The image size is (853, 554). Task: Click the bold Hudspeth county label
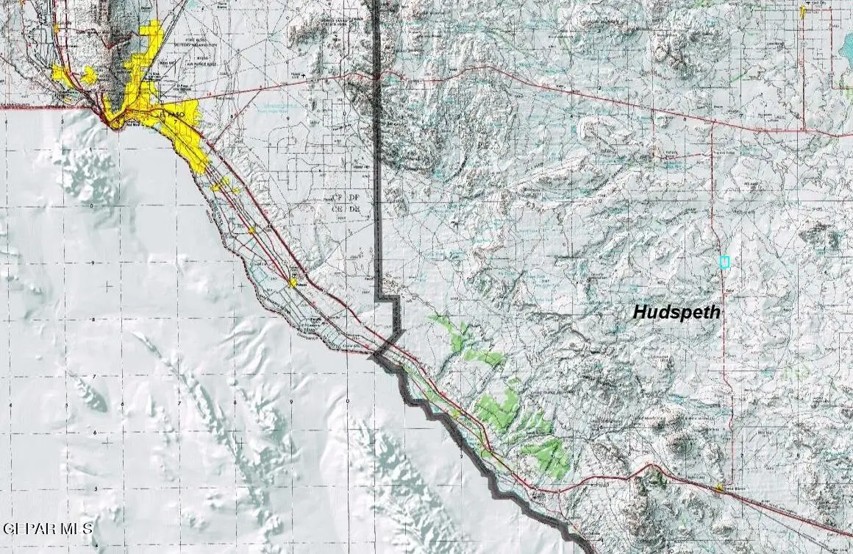click(677, 312)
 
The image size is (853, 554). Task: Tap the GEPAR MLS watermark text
click(49, 528)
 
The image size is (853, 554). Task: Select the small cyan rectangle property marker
click(724, 261)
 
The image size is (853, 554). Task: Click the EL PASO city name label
click(171, 116)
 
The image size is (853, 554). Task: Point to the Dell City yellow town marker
click(802, 12)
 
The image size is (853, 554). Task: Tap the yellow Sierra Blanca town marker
click(718, 487)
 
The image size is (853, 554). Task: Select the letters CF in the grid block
click(338, 199)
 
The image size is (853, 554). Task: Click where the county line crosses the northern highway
click(377, 74)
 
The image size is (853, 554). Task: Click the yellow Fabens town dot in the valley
click(293, 282)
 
